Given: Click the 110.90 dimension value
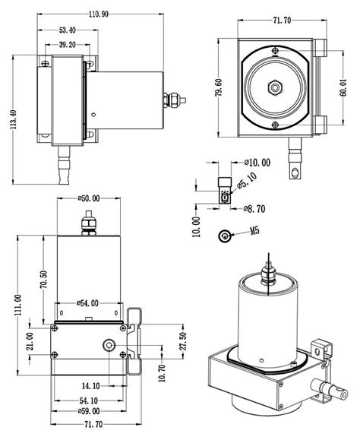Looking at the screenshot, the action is (x=99, y=14).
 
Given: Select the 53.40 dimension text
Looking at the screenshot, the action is (x=68, y=30).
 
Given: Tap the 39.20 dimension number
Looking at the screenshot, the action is (x=68, y=45).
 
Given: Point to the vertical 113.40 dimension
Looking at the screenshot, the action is (x=14, y=119).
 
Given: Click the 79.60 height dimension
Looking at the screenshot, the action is (x=219, y=88).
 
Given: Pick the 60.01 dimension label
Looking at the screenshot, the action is (x=343, y=88).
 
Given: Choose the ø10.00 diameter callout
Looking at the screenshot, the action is (x=257, y=163).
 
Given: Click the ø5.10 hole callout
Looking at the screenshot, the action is (x=247, y=181).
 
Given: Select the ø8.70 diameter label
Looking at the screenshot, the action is (x=254, y=209).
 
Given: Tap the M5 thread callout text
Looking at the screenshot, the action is (x=255, y=231).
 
